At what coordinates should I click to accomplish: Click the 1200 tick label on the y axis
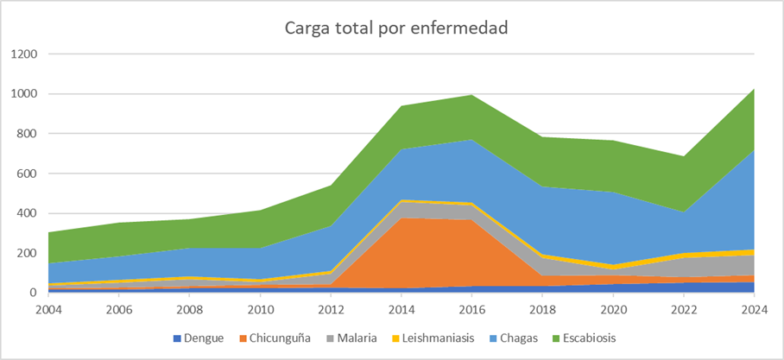25,54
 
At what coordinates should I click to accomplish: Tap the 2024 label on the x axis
754,309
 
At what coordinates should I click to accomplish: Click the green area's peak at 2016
472,95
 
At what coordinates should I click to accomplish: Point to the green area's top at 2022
684,156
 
